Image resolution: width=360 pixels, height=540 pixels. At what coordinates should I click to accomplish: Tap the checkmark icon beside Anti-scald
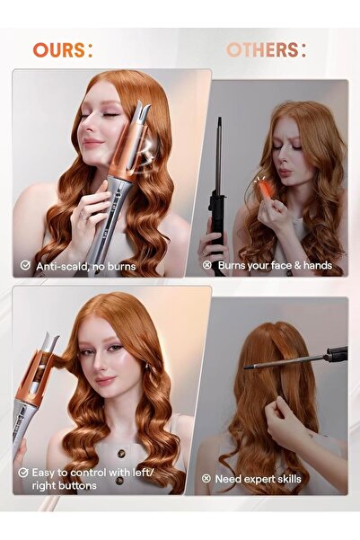(25, 266)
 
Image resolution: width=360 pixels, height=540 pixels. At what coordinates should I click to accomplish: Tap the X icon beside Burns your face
(207, 265)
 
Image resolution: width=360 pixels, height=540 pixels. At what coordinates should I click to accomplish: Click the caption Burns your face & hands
(274, 265)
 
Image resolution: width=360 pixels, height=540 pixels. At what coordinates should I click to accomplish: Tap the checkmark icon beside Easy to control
(23, 472)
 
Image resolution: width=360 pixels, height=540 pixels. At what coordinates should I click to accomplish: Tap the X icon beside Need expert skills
(207, 479)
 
